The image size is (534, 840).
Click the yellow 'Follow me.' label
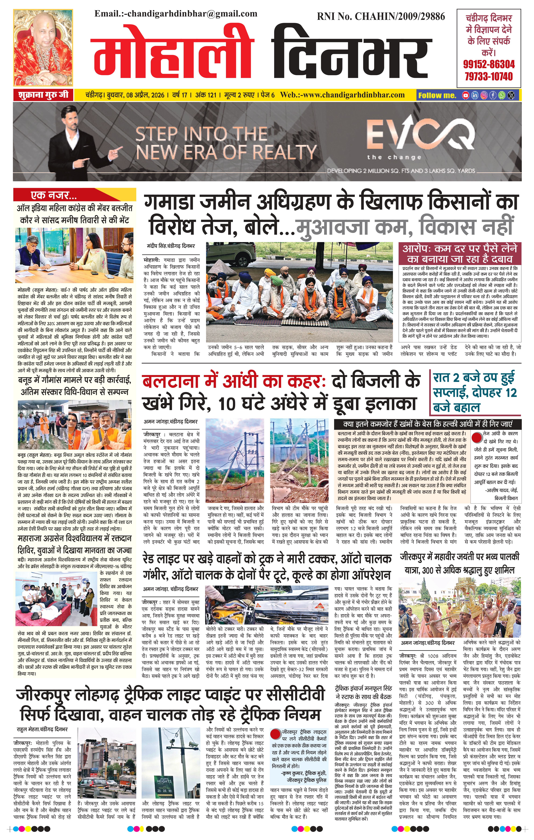pyautogui.click(x=437, y=95)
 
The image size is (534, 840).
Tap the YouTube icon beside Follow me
pyautogui.click(x=465, y=95)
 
